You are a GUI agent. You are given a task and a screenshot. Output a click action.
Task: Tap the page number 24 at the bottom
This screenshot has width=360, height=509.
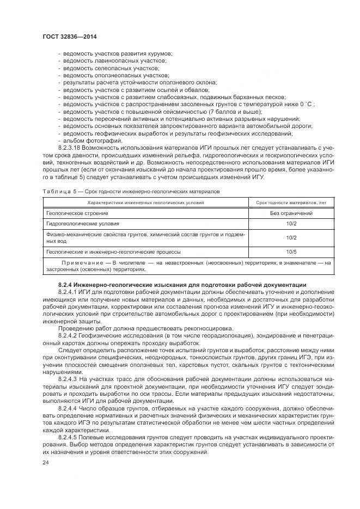click(46, 462)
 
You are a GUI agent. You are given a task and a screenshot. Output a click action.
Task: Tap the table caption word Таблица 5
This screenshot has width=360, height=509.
click(58, 192)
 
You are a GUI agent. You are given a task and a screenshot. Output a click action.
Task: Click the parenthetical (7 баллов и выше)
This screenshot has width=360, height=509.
click(232, 111)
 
